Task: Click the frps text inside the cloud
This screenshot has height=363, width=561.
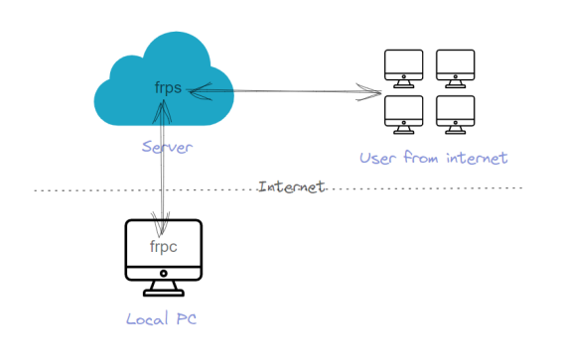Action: pyautogui.click(x=167, y=87)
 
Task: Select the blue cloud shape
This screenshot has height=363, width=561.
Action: pyautogui.click(x=129, y=99)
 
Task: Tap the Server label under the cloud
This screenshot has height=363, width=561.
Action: pyautogui.click(x=167, y=147)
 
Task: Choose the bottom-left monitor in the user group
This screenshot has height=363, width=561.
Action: pyautogui.click(x=403, y=113)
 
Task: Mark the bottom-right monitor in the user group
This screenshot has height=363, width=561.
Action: pyautogui.click(x=455, y=113)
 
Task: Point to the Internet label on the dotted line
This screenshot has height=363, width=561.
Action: pyautogui.click(x=291, y=186)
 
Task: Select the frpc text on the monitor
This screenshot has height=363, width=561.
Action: pyautogui.click(x=163, y=246)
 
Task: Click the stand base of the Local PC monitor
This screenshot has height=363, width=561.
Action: pyautogui.click(x=163, y=293)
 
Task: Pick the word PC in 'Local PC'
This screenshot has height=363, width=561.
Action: pyautogui.click(x=189, y=319)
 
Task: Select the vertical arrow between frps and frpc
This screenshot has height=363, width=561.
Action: pyautogui.click(x=160, y=159)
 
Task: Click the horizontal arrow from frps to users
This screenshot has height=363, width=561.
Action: pyautogui.click(x=288, y=92)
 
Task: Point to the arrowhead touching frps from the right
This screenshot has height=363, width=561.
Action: pyautogui.click(x=193, y=90)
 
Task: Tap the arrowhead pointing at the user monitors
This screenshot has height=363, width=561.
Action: pyautogui.click(x=375, y=94)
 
